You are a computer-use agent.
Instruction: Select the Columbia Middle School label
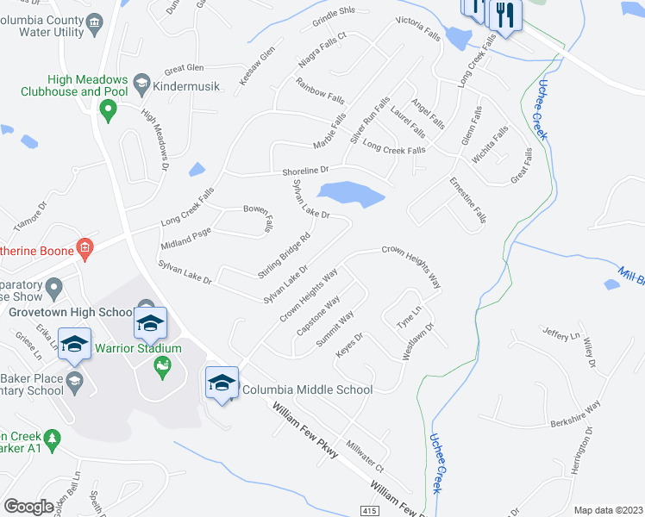[x=307, y=389]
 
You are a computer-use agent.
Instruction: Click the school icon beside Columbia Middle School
[x=222, y=383]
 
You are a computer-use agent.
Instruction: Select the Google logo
[x=28, y=507]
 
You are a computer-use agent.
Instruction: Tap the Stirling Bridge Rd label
[x=284, y=254]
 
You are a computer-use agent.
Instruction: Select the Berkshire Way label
[x=575, y=416]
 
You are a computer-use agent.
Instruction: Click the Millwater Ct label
[x=365, y=454]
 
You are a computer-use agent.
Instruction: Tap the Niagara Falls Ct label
[x=321, y=50]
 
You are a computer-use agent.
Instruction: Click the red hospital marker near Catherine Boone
[x=84, y=249]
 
